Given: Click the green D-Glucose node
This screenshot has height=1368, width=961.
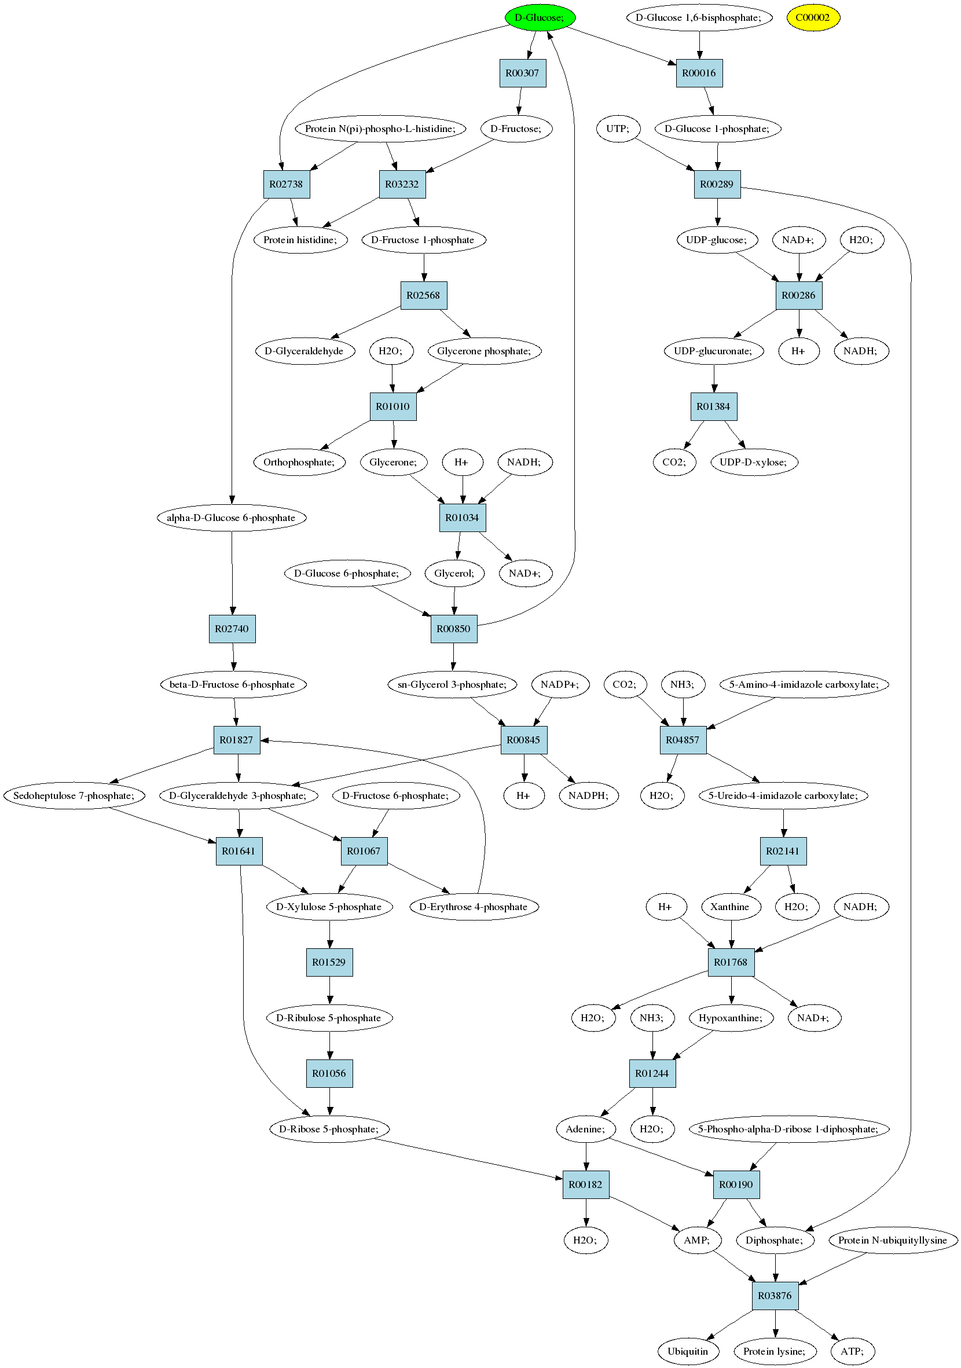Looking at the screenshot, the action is point(540,17).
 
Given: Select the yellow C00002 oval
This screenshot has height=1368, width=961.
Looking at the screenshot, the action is point(813,17).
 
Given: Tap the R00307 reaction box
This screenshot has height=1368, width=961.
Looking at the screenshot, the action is point(523,74).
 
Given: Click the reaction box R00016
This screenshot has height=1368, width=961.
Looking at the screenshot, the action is point(699,74).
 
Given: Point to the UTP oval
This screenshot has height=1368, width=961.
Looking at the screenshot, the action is point(618,129).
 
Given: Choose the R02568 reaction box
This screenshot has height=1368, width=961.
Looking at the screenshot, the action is point(424,295).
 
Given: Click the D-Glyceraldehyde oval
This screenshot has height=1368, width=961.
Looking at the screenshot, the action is point(305,351).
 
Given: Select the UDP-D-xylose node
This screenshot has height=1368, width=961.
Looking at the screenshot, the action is point(754,463).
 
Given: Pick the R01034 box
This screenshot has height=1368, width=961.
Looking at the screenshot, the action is point(463,518).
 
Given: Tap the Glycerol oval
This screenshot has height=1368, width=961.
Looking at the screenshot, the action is point(454,573).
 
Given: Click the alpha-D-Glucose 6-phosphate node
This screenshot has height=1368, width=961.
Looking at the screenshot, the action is point(231,518).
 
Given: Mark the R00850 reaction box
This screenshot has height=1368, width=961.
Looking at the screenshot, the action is point(454,629).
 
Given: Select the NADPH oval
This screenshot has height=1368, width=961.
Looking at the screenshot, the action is point(589,796).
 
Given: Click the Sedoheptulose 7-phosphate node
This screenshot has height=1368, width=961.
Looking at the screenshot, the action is point(75,796).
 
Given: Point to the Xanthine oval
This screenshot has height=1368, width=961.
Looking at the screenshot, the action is point(731,907).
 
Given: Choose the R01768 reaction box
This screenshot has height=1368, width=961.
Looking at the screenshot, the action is point(731,962).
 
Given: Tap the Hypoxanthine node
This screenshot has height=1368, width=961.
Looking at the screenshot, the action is point(731,1018).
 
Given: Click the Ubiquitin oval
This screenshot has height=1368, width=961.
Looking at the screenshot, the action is point(688,1351).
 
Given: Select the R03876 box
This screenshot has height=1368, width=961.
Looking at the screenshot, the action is point(775,1296).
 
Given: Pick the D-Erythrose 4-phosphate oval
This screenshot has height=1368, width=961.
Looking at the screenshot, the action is point(474,907).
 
